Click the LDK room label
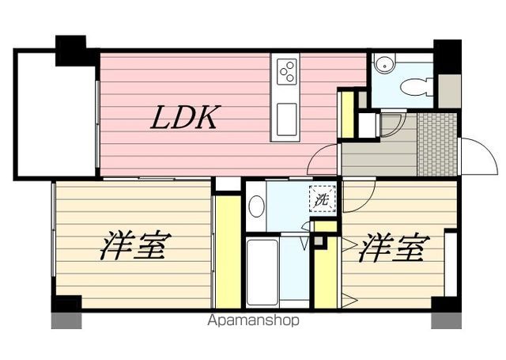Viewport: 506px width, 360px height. coord(184,118)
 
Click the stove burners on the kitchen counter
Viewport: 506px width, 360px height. coord(285,72)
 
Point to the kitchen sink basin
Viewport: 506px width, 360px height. coord(285,119)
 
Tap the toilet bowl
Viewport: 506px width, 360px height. coord(413,87)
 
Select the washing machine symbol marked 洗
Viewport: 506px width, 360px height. coord(322,199)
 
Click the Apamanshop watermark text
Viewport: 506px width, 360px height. coord(253,321)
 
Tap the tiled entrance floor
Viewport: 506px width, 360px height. coord(437,145)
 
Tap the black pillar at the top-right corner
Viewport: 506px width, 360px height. coord(447,56)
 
